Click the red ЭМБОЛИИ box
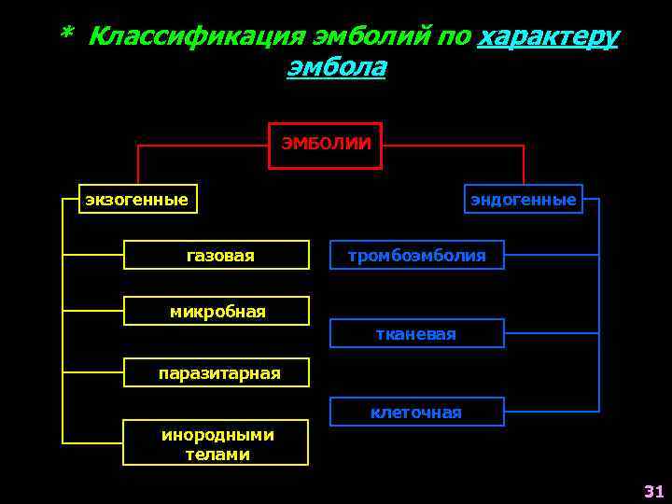coord(325,146)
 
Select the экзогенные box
coord(137,199)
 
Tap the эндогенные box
coord(523,199)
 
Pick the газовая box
coord(217,256)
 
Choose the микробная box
coord(217,311)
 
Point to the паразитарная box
coord(217,373)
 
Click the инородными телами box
coord(217,444)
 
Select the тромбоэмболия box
coord(416,255)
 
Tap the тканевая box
coord(416,333)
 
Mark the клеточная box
coord(416,412)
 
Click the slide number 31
coord(652,491)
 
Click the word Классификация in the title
coord(197,36)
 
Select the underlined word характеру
coord(547,36)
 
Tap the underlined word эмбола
coord(336,67)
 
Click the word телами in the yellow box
coord(217,455)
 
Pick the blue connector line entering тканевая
coord(551,333)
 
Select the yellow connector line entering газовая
coord(93,255)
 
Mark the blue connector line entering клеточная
coord(551,412)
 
